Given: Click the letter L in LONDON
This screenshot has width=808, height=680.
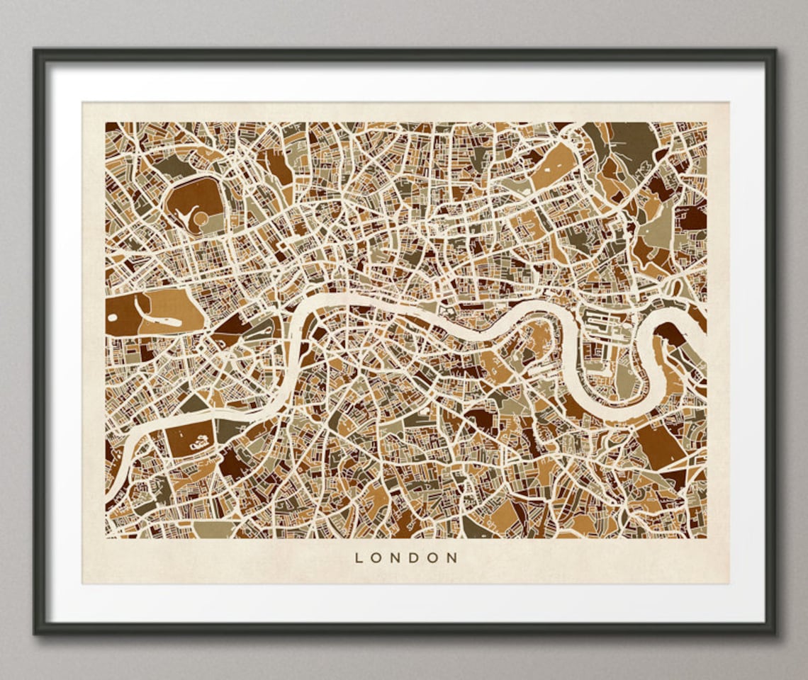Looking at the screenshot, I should click(x=359, y=557).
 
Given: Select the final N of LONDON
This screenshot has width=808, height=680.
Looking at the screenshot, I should click(x=452, y=557).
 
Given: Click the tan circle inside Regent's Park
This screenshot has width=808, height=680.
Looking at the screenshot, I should click(x=201, y=217).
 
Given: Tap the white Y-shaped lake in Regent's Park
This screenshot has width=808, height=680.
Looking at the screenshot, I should click(x=186, y=210).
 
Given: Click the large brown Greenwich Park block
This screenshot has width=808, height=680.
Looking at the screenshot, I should click(x=659, y=446).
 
